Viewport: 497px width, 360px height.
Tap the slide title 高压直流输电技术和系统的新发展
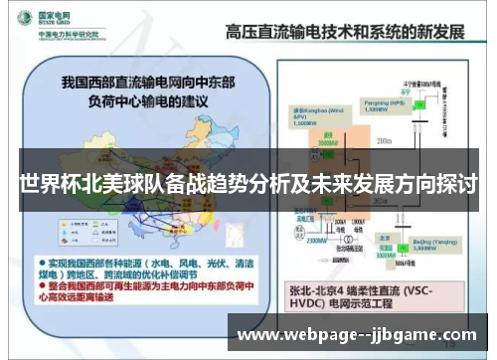coord(342,31)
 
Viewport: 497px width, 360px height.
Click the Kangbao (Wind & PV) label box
coord(309,111)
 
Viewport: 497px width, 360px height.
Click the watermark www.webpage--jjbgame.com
coord(357,334)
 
